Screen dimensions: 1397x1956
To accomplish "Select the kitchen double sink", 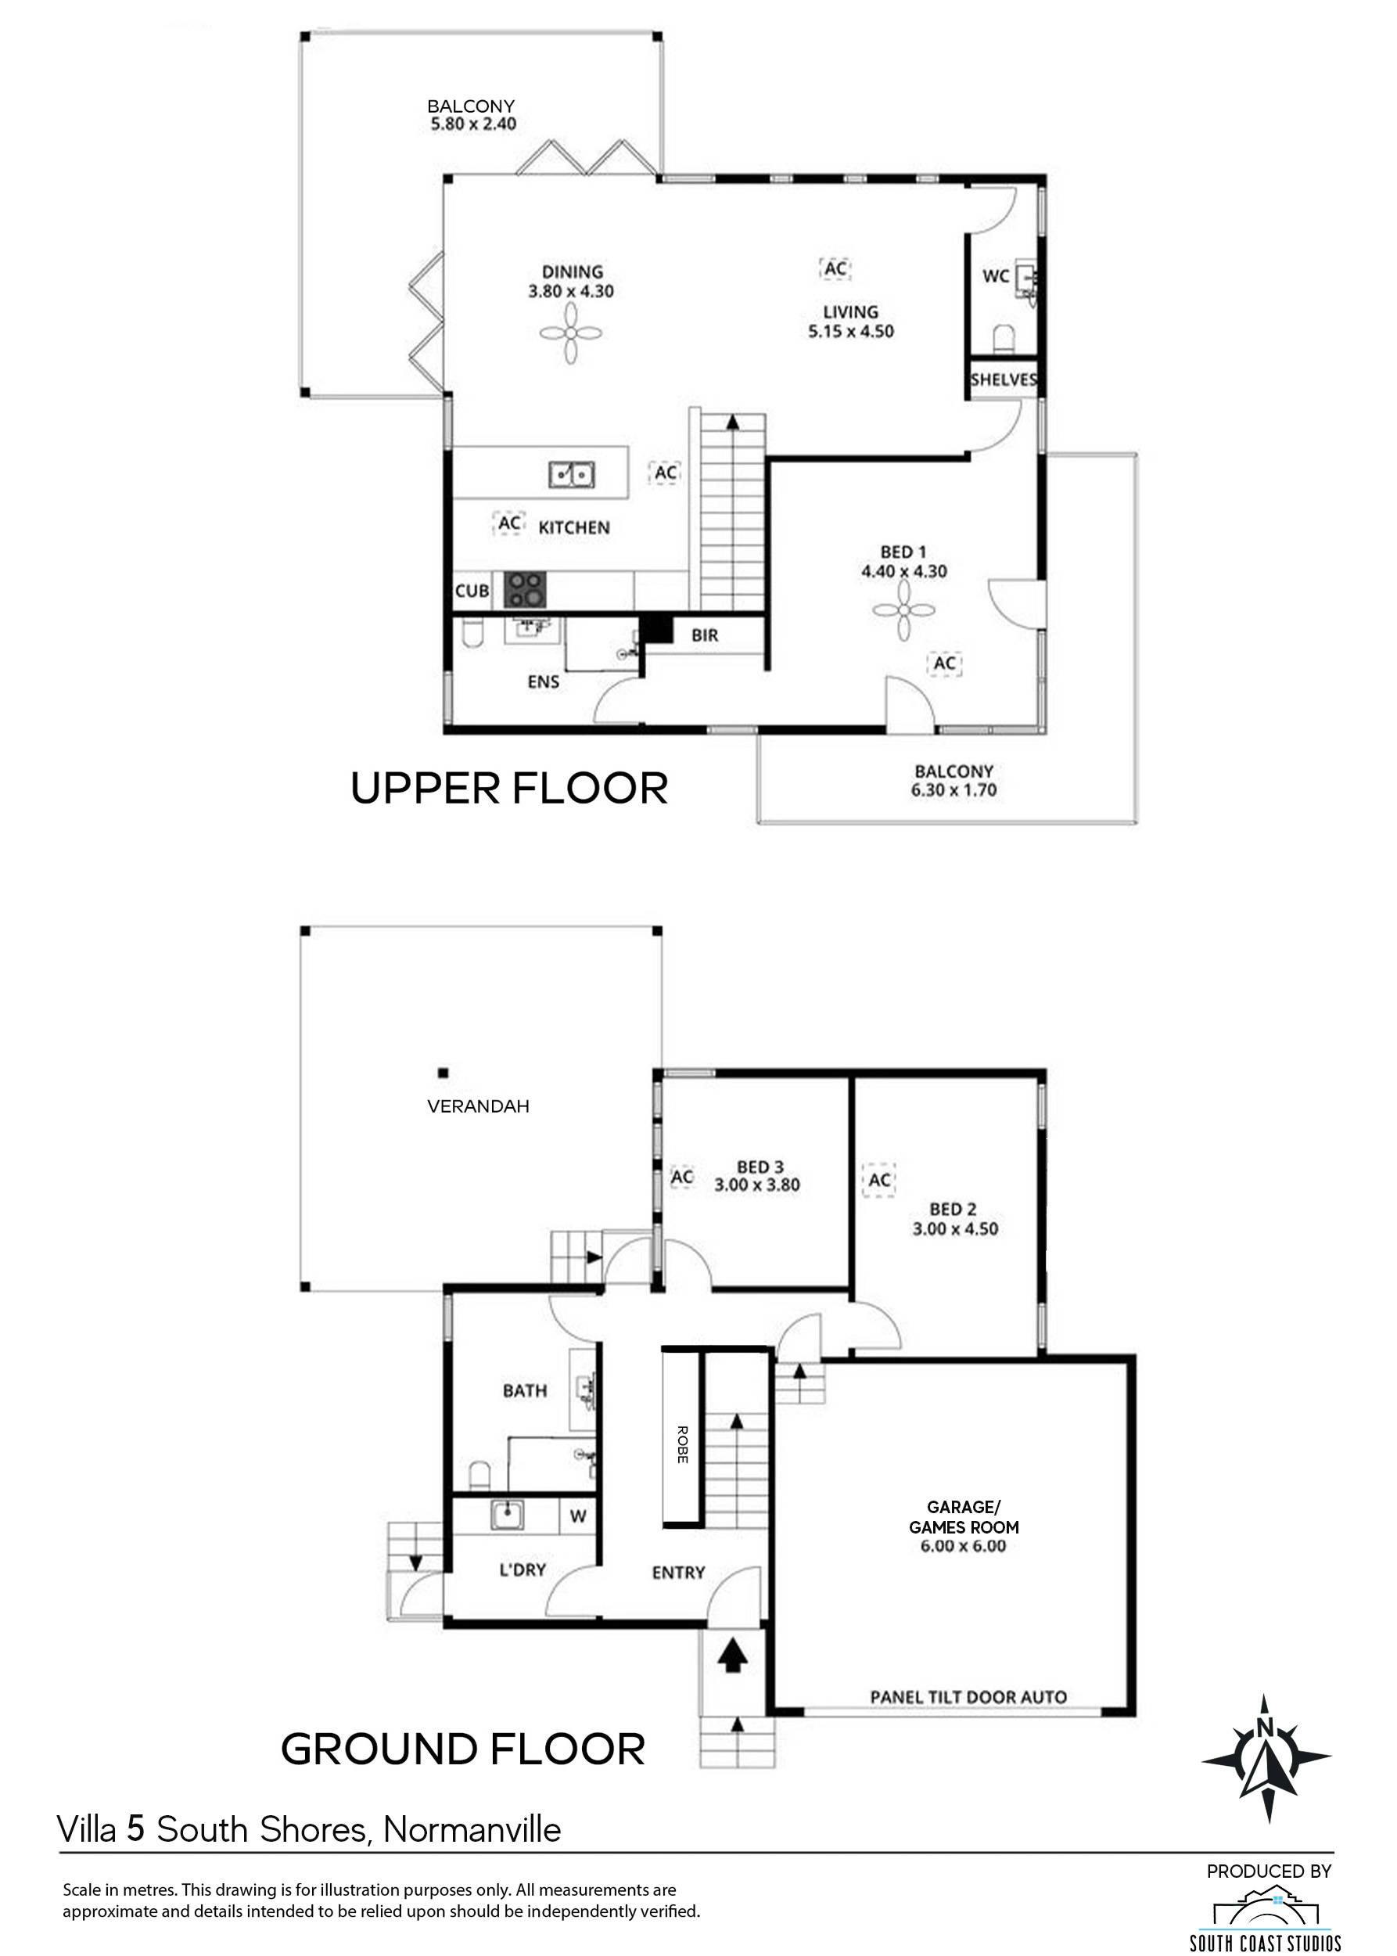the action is coord(572,474).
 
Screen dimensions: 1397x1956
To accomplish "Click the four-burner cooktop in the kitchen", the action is coord(525,591).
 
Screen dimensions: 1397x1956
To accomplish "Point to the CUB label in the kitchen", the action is coord(472,591).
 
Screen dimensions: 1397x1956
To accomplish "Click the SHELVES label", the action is coord(1003,379).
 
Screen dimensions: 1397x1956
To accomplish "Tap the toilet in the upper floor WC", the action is coord(1004,337).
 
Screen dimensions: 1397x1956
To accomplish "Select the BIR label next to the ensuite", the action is coord(705,636).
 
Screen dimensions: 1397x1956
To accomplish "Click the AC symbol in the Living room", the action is coord(835,268).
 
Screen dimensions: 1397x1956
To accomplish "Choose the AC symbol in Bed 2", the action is coord(879,1180).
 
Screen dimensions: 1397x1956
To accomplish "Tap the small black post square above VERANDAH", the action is coord(444,1073).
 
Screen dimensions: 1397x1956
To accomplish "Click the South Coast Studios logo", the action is coord(1266,1912).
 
